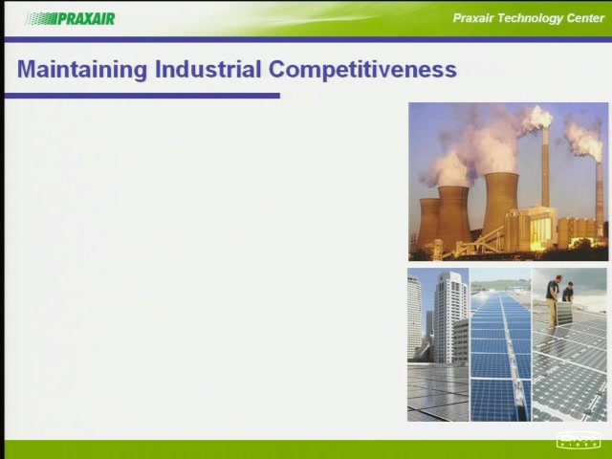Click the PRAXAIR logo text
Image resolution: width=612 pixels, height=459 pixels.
[86, 18]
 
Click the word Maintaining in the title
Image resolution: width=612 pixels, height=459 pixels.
[82, 70]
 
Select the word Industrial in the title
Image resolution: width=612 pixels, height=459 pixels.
[208, 69]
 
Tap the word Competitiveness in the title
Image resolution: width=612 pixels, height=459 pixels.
[362, 70]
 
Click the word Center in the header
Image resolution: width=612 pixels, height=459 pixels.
[585, 18]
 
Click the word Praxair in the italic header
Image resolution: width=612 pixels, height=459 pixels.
[473, 18]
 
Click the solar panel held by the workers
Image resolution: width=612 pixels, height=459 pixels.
[564, 314]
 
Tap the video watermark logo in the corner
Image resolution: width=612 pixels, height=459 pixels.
[578, 440]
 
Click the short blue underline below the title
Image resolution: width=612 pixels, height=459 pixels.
[142, 96]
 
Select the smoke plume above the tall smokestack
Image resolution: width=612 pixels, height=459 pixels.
[536, 118]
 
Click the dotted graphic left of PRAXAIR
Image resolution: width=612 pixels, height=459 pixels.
[41, 18]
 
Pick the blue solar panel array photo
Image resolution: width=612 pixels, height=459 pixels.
[501, 344]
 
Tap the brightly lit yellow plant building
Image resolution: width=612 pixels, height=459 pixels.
[538, 228]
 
